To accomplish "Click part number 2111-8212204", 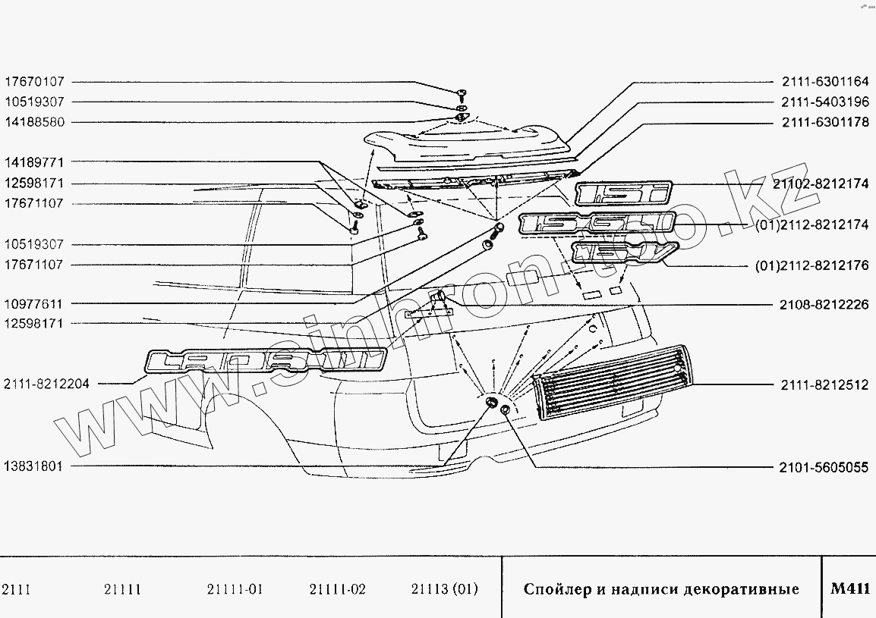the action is [x=46, y=384].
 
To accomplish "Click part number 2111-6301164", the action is [x=824, y=81].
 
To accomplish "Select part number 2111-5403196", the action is [x=824, y=102].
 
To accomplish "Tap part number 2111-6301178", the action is [x=824, y=122].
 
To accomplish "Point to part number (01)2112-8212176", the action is [x=812, y=265].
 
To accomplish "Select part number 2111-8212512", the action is [x=824, y=384].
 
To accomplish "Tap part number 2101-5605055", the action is [x=824, y=466].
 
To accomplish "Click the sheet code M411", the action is [x=849, y=589].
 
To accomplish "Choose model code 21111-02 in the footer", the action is [x=338, y=589].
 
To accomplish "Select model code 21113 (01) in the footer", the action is [x=444, y=589].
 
